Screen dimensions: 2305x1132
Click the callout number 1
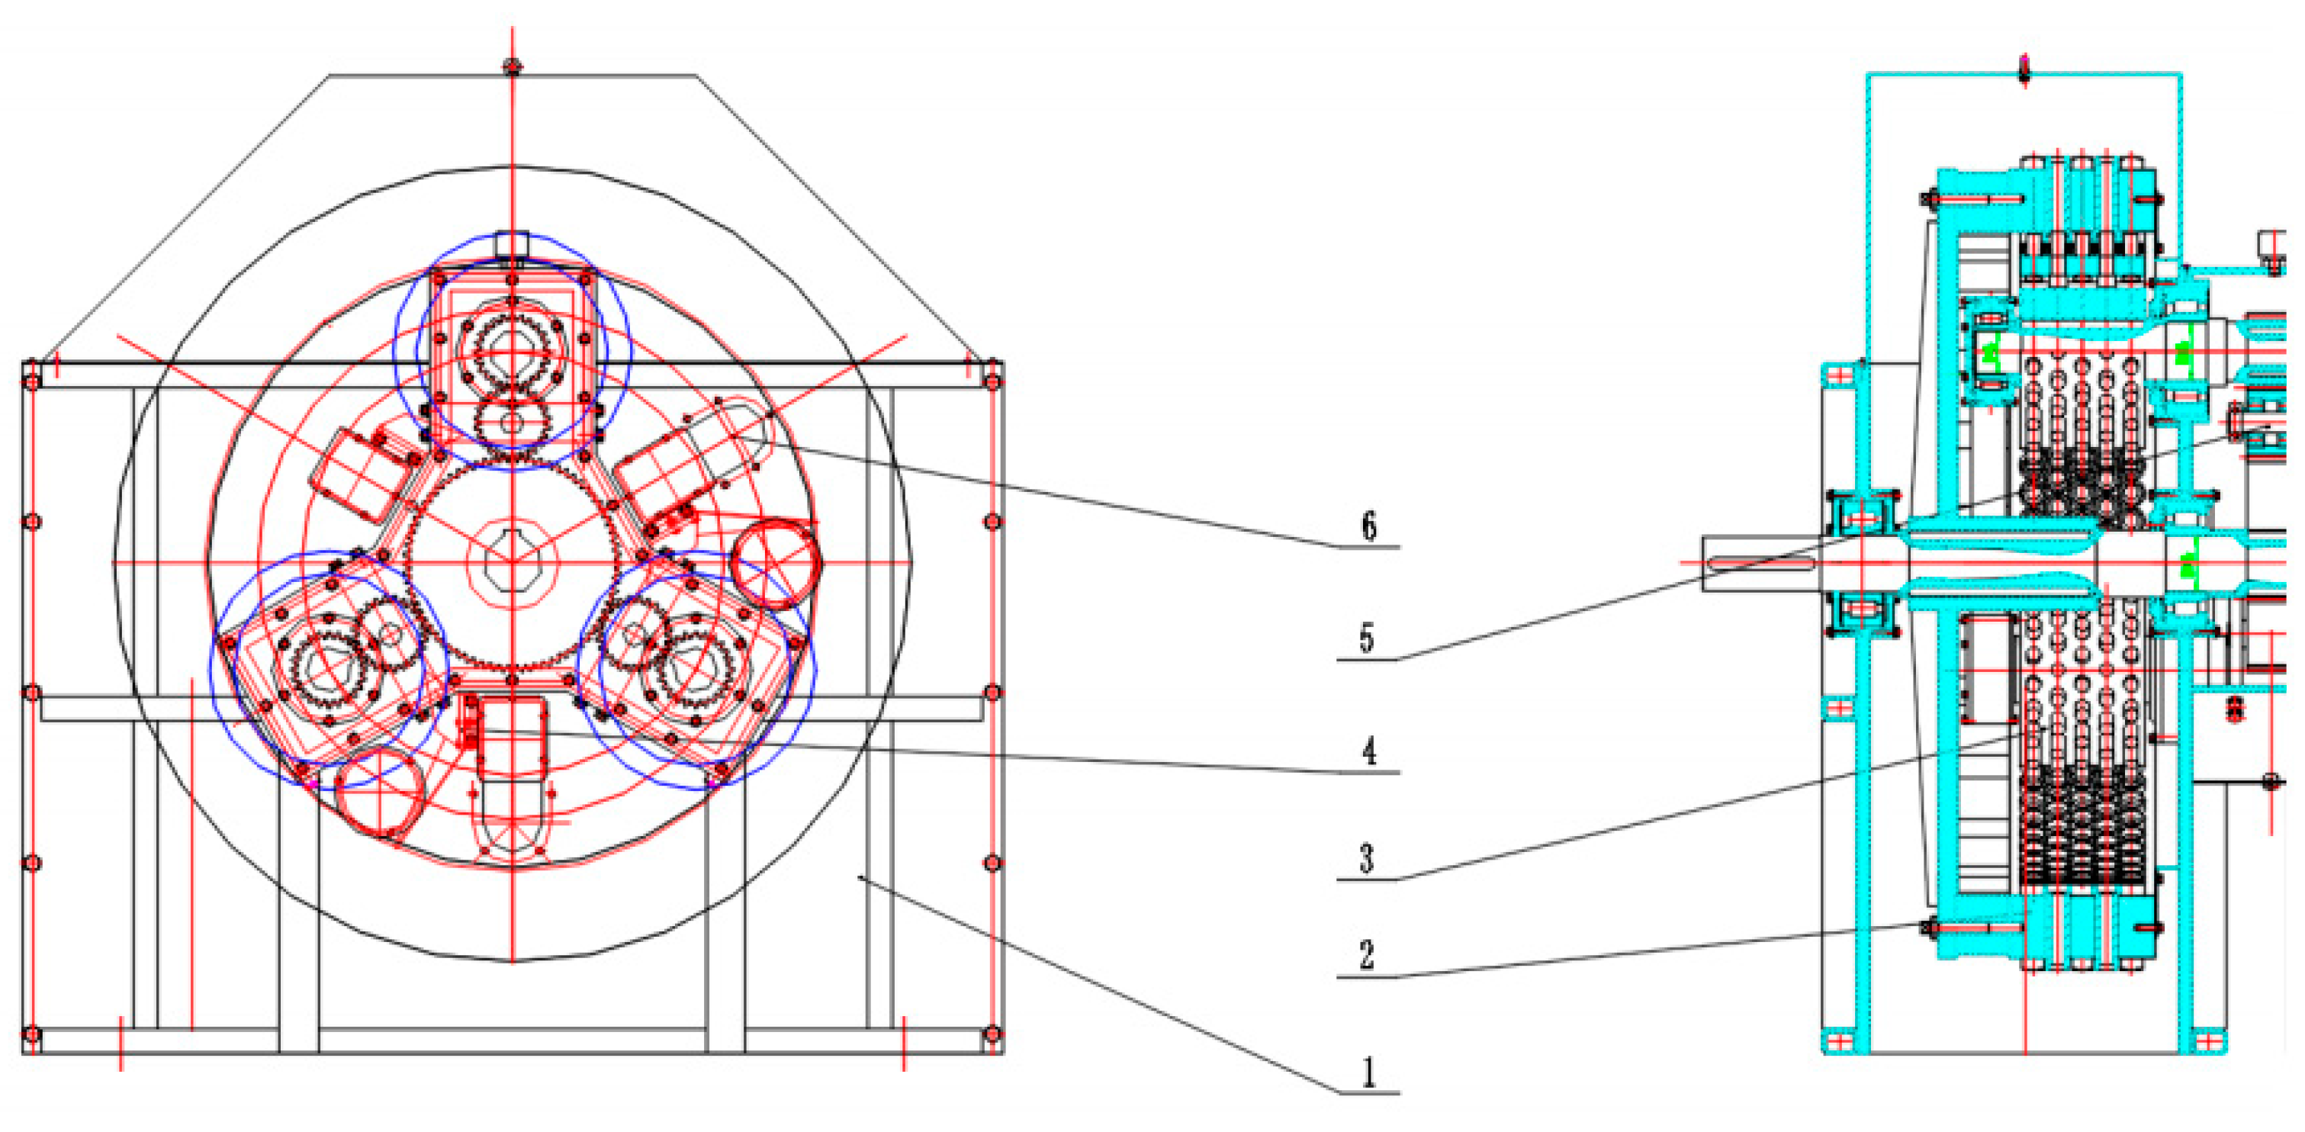(1368, 1071)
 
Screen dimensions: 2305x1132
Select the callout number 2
(1366, 955)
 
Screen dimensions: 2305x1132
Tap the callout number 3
(1366, 859)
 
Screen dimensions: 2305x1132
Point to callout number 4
(1369, 751)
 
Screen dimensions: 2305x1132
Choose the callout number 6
(1369, 526)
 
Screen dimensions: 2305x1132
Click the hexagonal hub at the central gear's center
(512, 562)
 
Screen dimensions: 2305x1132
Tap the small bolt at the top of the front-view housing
(512, 66)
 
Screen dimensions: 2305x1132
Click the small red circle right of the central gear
(775, 564)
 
